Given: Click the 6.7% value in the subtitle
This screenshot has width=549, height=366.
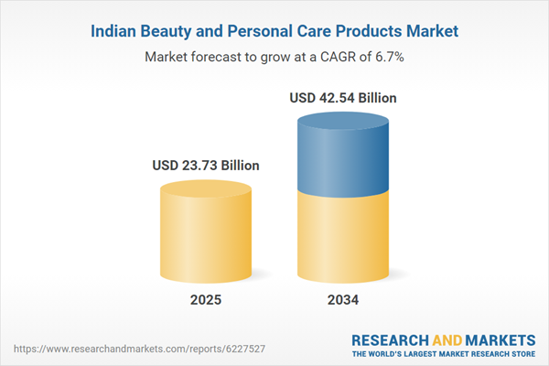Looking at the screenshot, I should pyautogui.click(x=388, y=57).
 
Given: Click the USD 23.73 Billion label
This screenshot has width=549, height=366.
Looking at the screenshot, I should pyautogui.click(x=206, y=166).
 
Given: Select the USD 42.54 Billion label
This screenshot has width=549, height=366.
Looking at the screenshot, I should pyautogui.click(x=343, y=97).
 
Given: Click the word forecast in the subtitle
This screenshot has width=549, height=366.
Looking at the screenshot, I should pyautogui.click(x=217, y=57).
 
